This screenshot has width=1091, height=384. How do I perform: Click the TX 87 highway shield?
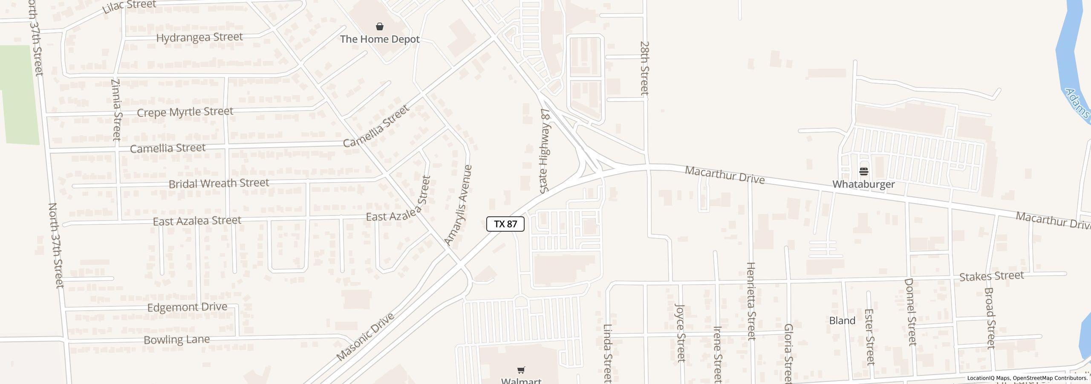(x=505, y=224)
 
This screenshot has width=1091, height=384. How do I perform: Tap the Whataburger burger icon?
(x=864, y=172)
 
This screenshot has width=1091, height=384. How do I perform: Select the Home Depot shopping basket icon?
(x=380, y=27)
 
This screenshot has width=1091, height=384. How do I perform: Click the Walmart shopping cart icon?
(x=521, y=370)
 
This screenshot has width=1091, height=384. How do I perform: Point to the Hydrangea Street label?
(x=199, y=38)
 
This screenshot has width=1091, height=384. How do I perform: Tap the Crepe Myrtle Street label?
(x=185, y=112)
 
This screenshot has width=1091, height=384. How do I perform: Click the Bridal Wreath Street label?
(x=219, y=183)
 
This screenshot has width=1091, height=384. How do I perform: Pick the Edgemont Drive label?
(x=187, y=307)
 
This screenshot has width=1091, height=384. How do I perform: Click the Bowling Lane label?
(x=176, y=340)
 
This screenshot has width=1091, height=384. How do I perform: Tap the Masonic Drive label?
(x=365, y=337)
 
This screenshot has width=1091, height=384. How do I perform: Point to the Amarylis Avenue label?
(x=459, y=205)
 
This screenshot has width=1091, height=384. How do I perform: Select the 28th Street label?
(x=644, y=68)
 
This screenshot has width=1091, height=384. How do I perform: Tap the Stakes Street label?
(x=991, y=276)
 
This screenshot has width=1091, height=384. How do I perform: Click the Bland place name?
(x=842, y=321)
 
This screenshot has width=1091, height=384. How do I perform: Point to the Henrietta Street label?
(x=751, y=301)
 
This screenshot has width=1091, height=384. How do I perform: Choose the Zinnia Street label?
(x=116, y=110)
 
